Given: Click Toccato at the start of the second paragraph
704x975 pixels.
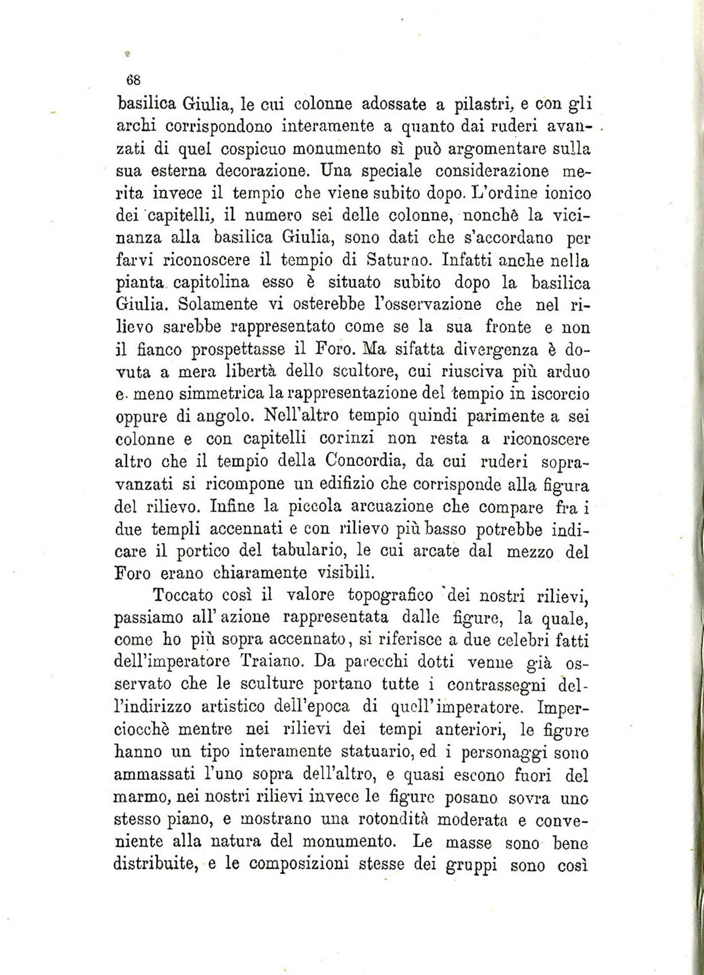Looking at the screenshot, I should pyautogui.click(x=180, y=595).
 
